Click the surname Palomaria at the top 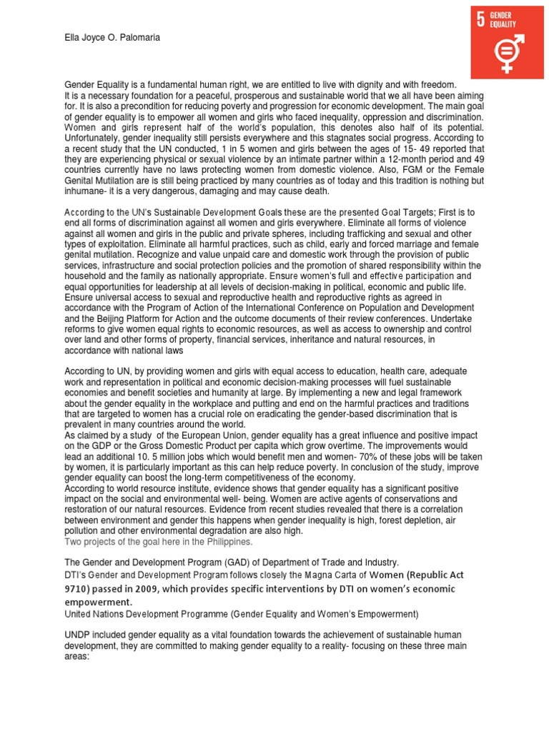pyautogui.click(x=137, y=38)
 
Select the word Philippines pyautogui.click(x=229, y=542)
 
